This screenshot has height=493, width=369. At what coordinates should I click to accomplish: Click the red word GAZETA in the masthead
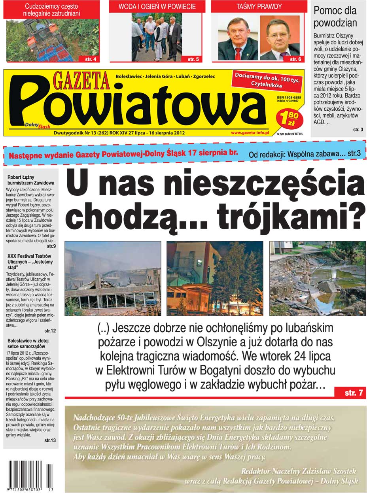click(81, 81)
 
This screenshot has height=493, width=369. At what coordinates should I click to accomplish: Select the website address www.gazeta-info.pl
click(250, 133)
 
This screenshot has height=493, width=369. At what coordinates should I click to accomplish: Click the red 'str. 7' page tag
click(353, 393)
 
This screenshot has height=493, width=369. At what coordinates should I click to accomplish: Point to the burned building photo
click(113, 278)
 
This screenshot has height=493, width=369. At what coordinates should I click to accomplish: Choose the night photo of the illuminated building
click(215, 278)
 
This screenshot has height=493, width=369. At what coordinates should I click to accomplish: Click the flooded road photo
click(318, 278)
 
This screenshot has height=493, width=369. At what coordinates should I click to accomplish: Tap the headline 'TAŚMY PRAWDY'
click(259, 7)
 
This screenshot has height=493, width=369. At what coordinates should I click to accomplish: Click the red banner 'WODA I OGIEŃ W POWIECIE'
click(157, 7)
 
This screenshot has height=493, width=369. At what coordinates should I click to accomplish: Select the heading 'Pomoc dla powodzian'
click(335, 17)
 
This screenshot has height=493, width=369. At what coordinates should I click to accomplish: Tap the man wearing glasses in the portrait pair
click(279, 36)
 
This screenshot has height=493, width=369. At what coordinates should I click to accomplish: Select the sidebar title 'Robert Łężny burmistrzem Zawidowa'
click(31, 180)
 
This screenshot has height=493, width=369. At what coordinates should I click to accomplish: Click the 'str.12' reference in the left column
click(50, 330)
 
